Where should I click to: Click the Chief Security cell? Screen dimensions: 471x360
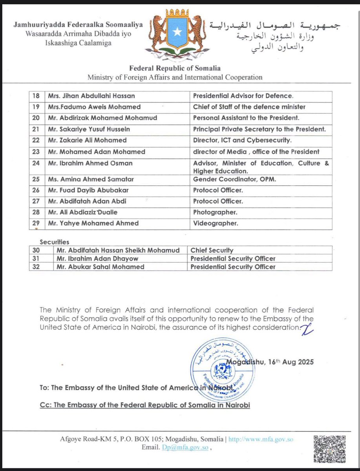point(212,250)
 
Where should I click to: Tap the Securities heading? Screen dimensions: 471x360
point(54,242)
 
